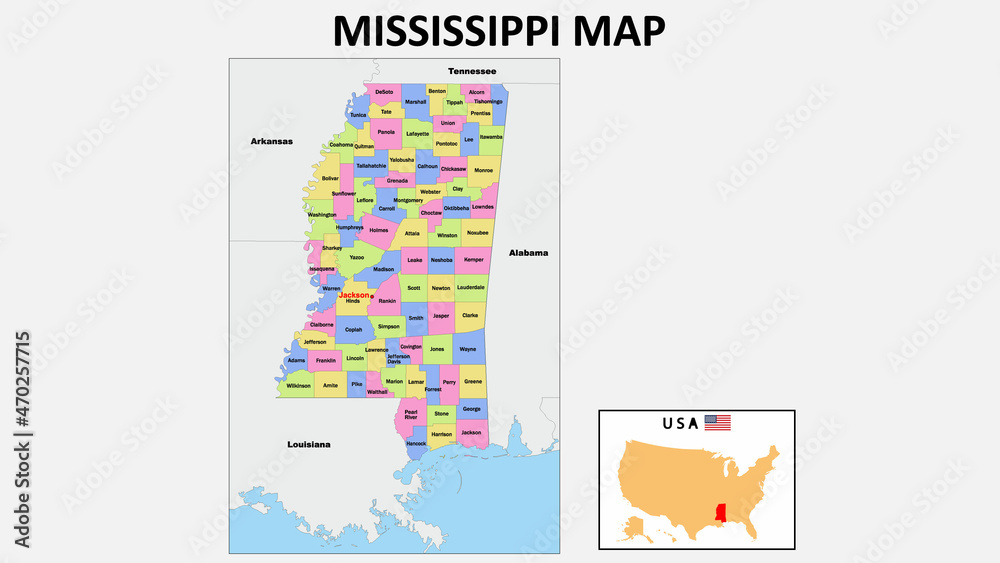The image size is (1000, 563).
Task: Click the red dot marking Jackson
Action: [372, 296]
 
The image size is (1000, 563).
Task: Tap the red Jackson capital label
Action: [353, 295]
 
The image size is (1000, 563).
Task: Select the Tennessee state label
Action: [472, 71]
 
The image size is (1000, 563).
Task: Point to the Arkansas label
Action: [271, 142]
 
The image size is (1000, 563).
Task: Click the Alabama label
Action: [528, 253]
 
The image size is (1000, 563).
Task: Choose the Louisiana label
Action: [308, 443]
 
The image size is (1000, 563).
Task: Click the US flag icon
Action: [717, 423]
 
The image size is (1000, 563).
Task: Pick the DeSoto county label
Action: [385, 92]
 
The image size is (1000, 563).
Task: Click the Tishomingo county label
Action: [489, 101]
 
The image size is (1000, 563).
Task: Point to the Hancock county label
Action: [416, 443]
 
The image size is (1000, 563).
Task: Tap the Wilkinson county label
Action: [298, 385]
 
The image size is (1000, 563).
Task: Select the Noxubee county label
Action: [477, 232]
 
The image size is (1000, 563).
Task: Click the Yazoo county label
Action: [357, 257]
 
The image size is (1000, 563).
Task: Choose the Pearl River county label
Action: [411, 414]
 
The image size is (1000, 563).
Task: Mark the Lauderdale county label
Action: [471, 287]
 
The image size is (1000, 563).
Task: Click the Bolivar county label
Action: [331, 178]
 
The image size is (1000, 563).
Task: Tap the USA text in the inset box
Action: [680, 423]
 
